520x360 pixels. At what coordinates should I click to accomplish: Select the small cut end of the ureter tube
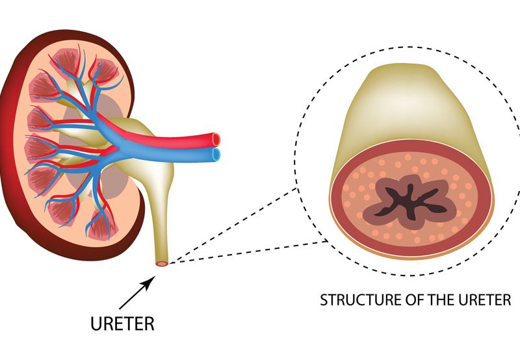pos(161,263)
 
